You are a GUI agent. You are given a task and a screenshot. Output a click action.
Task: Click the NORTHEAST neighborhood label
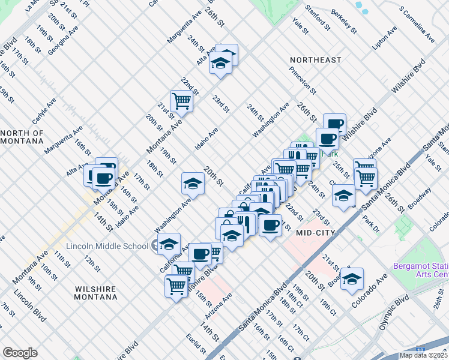click(x=315, y=60)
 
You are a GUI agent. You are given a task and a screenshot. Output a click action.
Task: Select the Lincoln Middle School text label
click(x=107, y=246)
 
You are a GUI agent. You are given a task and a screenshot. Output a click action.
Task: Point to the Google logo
click(x=20, y=353)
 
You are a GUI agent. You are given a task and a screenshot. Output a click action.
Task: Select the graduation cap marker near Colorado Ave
click(x=352, y=278)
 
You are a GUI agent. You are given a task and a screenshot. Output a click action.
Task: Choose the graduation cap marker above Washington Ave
click(x=193, y=183)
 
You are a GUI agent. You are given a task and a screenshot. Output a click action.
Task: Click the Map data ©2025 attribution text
click(x=424, y=355)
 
